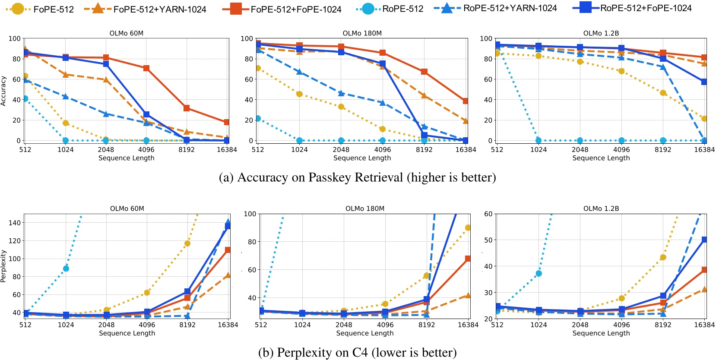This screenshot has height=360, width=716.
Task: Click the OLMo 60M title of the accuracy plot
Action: point(127,33)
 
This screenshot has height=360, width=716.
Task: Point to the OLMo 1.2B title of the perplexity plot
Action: point(601,208)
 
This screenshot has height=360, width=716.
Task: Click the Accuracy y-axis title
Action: point(3,91)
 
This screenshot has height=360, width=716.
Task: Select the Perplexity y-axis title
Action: point(3,266)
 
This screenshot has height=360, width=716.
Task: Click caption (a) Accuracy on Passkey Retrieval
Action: point(357,177)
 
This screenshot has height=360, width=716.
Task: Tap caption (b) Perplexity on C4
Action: point(357,353)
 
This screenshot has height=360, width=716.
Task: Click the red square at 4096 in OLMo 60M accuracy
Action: point(146,68)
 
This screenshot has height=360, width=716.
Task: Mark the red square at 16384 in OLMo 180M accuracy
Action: point(466,101)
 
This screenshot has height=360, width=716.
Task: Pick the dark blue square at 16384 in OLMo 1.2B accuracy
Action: point(704,82)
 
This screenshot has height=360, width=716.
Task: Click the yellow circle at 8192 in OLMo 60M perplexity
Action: point(187,243)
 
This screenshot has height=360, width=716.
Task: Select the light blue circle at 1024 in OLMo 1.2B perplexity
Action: point(539,273)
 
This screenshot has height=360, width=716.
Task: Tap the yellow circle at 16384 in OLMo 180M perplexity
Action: point(468,227)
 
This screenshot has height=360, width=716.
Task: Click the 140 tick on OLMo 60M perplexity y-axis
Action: point(15,223)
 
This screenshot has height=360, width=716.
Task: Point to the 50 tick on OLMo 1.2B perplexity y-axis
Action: point(488,240)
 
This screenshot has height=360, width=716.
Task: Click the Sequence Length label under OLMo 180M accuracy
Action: point(362,158)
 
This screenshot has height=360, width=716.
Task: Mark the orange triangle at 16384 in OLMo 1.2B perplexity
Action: point(704,289)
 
